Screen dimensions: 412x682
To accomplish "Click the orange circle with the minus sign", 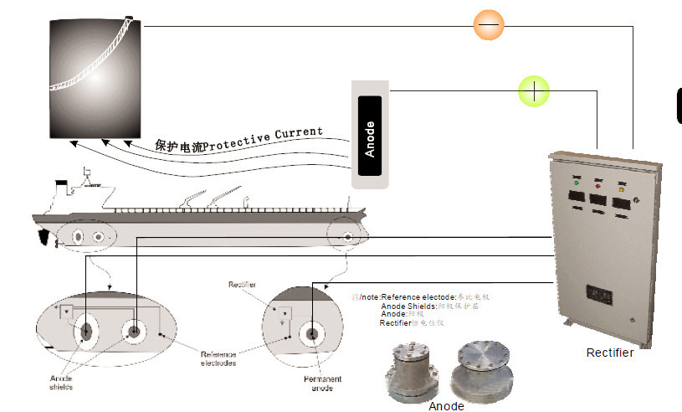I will point(488,24).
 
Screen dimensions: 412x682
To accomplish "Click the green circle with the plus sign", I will point(533,90).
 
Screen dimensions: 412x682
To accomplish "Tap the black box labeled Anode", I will point(370,135).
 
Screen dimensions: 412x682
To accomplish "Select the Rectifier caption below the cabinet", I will point(609,353).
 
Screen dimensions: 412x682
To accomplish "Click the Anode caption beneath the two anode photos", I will point(445,406).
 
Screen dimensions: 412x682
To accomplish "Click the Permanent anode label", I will point(321,384).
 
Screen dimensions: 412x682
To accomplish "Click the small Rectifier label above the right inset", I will point(242,285).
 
